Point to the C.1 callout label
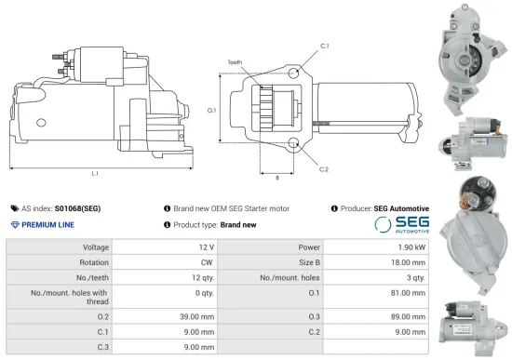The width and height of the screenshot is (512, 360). (x=324, y=46)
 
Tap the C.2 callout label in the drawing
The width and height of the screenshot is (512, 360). (x=324, y=169)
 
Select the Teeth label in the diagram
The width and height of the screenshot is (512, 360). (x=235, y=62)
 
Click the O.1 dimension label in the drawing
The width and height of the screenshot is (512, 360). (x=212, y=110)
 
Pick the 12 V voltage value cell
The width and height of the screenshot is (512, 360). (x=206, y=247)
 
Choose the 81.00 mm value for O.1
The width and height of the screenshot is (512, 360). (x=408, y=297)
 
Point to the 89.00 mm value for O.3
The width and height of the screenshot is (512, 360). (x=408, y=317)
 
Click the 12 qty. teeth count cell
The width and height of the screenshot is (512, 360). (x=199, y=277)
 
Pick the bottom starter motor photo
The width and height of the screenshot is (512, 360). (x=475, y=325)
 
